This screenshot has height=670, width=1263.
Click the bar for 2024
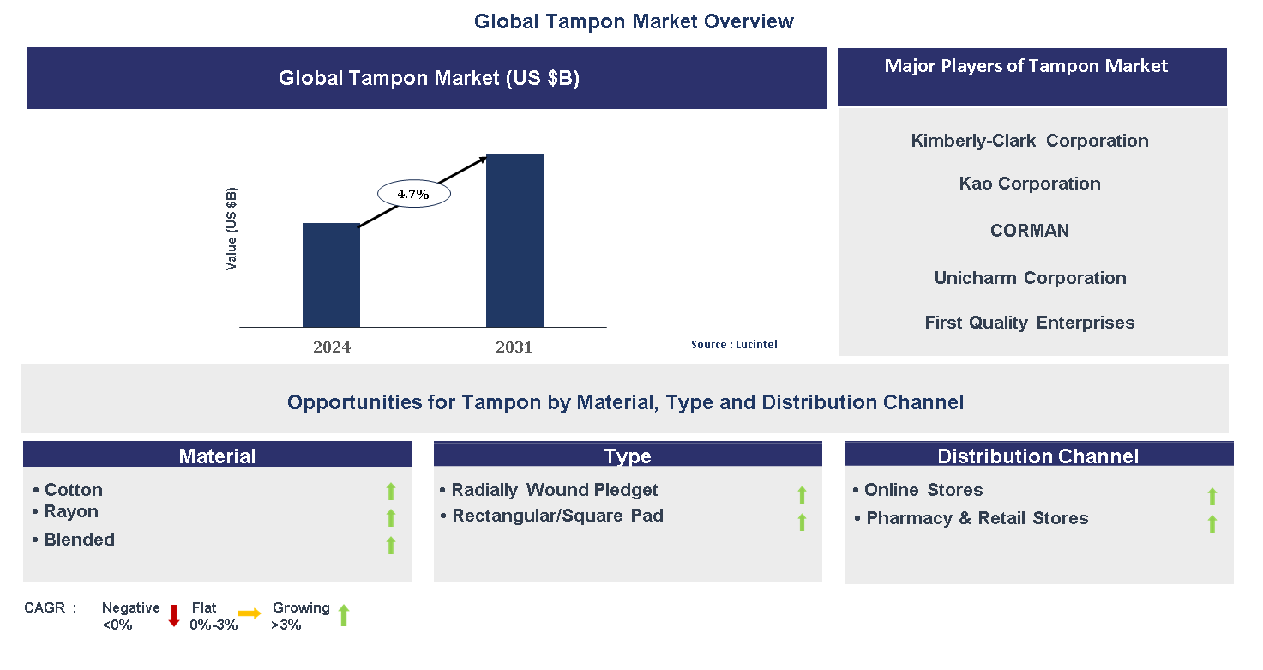coord(331,275)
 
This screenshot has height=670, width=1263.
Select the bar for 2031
coord(514,240)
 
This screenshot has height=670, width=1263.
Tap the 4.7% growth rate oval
coord(414,194)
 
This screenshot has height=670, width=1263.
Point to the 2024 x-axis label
coord(332,347)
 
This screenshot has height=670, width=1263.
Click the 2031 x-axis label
coord(514,347)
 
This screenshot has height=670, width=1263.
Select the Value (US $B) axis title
coord(232,229)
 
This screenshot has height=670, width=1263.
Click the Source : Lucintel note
coord(734,344)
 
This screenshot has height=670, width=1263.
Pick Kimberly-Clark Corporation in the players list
coord(1030,141)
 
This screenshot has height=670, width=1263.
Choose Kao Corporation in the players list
coord(1030,184)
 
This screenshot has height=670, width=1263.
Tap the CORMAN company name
coord(1030,231)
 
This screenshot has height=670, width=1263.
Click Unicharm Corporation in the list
coord(1030,278)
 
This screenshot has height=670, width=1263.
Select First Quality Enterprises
coord(1030,323)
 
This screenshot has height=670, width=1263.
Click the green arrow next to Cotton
coord(391,491)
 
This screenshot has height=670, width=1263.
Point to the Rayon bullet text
coord(71,511)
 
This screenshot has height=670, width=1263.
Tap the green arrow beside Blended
coord(391,545)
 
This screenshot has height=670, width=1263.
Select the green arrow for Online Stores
coord(1212,496)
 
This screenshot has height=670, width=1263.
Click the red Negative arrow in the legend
coord(173,615)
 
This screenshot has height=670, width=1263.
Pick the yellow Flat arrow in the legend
coord(250,613)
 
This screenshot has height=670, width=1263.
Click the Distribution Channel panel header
coord(1038,456)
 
